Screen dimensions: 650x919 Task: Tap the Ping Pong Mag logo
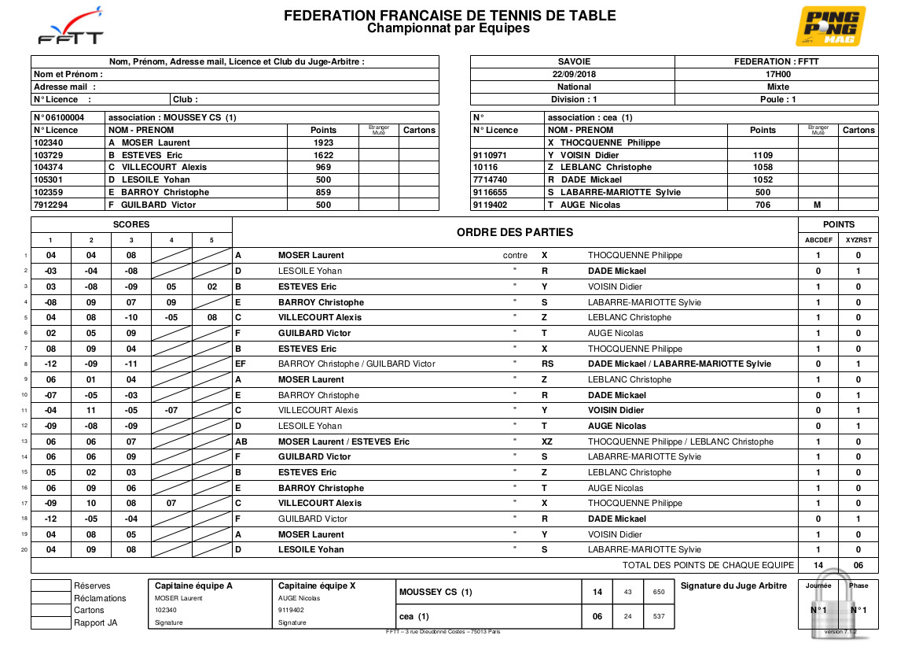830,26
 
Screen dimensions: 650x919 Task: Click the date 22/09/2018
574,74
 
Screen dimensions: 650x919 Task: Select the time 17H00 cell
777,74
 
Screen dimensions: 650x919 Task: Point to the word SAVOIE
574,61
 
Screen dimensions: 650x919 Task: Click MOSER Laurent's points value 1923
323,142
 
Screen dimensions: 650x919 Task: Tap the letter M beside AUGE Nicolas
818,205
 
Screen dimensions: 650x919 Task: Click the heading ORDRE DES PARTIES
515,232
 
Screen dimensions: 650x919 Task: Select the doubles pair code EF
241,364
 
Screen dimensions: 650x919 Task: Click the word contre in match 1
515,255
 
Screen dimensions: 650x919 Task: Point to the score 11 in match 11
92,410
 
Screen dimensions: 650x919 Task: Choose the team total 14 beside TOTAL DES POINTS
818,565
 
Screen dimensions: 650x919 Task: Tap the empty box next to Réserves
51,585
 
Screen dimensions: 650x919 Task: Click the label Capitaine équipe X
317,585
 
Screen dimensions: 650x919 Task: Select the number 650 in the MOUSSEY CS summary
659,593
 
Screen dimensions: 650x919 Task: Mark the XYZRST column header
858,240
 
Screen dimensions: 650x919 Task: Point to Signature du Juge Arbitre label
733,585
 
